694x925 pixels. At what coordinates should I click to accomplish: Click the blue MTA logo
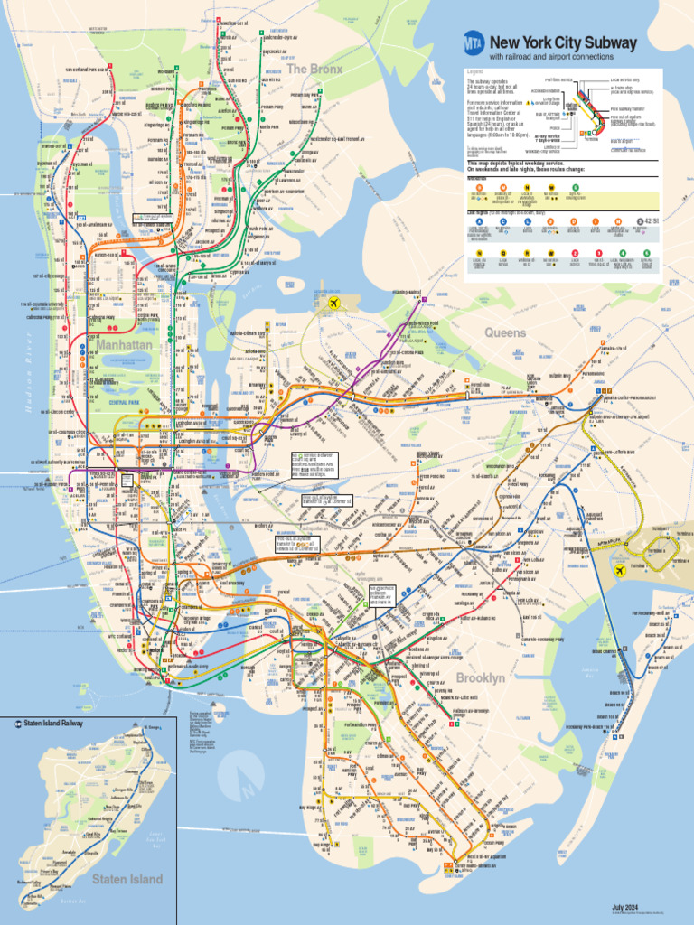[474, 42]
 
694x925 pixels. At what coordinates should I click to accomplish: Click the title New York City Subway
[563, 42]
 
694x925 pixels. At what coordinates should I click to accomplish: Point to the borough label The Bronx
[314, 69]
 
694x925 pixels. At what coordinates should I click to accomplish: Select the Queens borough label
[505, 332]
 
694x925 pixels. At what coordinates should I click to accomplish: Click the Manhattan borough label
[126, 345]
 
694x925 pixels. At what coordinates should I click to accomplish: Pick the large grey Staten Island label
[127, 879]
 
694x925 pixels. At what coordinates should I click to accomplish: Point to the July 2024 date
[624, 907]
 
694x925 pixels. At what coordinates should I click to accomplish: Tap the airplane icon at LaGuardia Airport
[336, 304]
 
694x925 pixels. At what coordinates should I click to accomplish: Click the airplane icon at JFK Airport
[620, 570]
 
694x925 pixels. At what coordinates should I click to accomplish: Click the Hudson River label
[30, 388]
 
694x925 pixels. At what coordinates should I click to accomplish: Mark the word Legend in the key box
[475, 72]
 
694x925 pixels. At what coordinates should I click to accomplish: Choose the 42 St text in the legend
[649, 220]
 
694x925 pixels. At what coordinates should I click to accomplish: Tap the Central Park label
[124, 402]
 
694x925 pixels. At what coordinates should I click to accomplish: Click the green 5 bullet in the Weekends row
[575, 187]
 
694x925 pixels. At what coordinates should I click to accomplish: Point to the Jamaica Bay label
[590, 673]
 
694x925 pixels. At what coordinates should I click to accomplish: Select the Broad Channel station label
[605, 650]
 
